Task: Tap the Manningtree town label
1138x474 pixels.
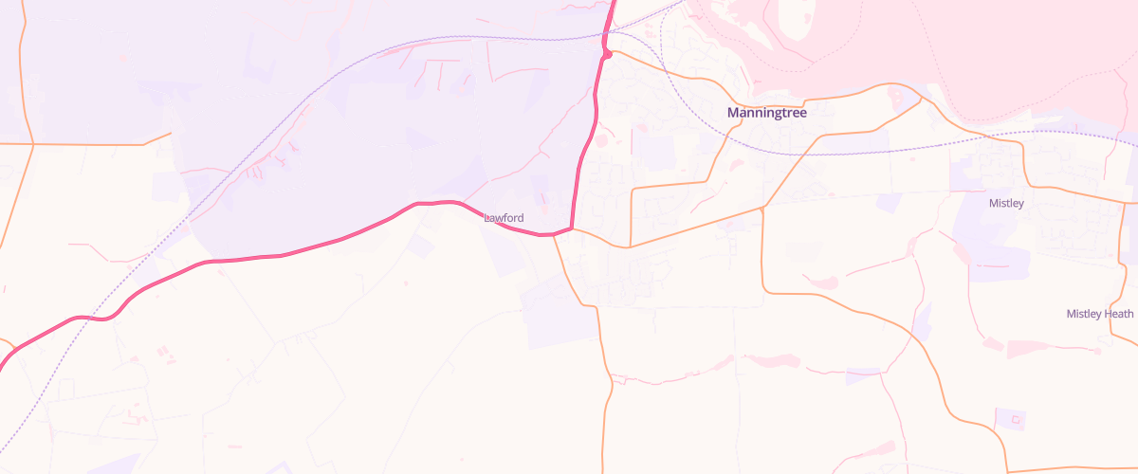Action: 766,113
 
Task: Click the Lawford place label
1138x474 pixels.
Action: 504,218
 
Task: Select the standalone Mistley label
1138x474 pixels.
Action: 1006,203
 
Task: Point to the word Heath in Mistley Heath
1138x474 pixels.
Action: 1118,314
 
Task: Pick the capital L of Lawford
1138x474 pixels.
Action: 486,218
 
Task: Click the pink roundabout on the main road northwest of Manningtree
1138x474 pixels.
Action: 606,54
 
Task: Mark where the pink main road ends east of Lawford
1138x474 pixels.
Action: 572,228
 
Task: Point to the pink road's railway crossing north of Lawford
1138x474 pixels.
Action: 605,39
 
